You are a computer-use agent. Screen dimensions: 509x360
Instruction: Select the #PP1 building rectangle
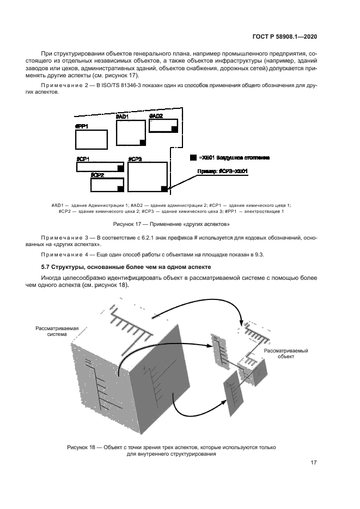coord(91,140)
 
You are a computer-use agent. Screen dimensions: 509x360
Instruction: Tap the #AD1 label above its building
coord(123,116)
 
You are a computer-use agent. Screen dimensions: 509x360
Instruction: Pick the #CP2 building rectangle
coord(106,185)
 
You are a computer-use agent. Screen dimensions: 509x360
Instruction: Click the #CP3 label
coord(135,159)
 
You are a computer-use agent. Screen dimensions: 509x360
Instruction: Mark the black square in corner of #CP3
coord(164,188)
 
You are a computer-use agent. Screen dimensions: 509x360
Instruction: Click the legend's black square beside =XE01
coord(193,157)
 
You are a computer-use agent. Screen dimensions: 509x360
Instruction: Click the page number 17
coord(314,463)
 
